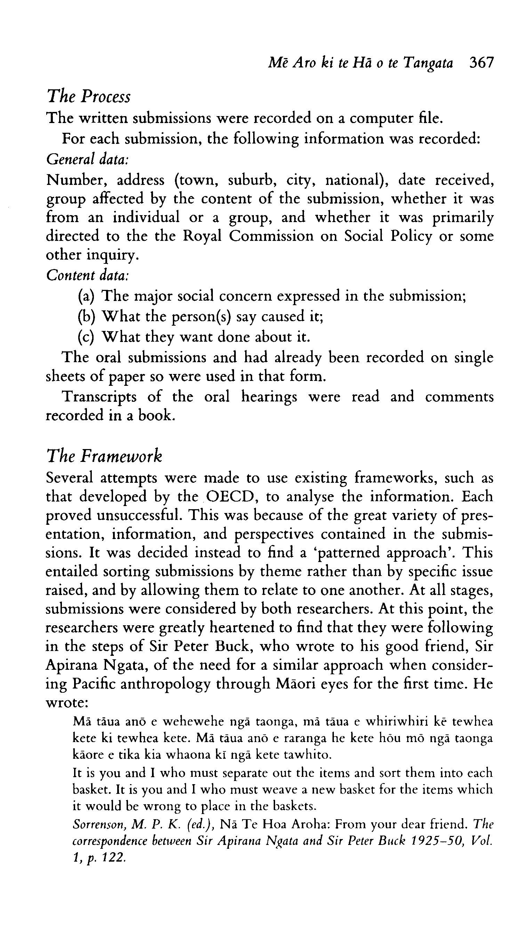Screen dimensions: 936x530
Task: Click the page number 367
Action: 481,63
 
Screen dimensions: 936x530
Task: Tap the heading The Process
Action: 88,96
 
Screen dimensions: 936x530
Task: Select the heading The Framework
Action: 104,456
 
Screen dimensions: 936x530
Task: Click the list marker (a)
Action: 86,296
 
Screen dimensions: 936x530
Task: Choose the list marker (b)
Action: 86,317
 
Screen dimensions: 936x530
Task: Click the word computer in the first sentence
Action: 381,119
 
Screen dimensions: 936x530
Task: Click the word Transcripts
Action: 99,397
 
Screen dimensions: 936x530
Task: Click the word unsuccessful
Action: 139,515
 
